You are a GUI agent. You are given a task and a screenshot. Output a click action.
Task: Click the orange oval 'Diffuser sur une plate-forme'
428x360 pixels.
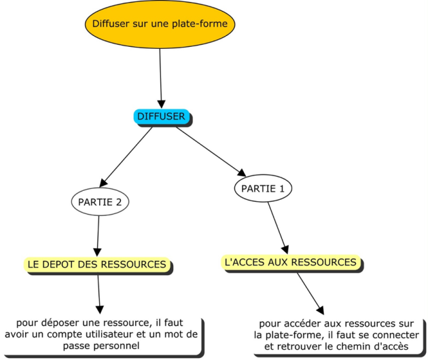click(160, 24)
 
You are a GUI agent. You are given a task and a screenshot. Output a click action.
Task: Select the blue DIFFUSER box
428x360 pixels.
click(161, 117)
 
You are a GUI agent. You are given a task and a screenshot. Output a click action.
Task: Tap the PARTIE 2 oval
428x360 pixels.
click(100, 202)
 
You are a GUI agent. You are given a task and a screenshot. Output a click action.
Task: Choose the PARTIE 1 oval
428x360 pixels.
click(263, 188)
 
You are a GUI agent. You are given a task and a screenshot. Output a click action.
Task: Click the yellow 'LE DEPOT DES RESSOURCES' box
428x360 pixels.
click(97, 264)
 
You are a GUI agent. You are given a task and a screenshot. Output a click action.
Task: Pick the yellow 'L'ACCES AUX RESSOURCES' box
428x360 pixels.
click(291, 262)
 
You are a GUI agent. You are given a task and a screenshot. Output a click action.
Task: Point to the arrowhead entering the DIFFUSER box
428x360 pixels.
click(162, 104)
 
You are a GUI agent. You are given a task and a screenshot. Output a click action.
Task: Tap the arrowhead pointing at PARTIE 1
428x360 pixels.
click(242, 173)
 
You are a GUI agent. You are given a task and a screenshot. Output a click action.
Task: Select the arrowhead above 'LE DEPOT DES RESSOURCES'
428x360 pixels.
click(97, 253)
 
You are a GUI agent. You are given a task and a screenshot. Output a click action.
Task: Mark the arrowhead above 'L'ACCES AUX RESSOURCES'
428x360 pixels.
click(285, 250)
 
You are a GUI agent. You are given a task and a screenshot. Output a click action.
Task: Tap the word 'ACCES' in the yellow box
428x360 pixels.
click(247, 262)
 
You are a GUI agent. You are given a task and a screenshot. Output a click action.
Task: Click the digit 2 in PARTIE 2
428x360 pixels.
click(119, 202)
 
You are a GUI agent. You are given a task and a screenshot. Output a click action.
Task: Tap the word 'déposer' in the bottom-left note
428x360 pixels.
click(58, 323)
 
